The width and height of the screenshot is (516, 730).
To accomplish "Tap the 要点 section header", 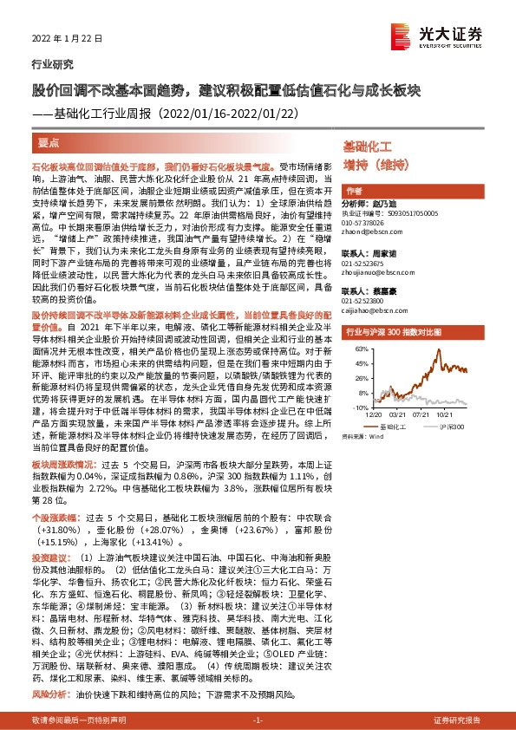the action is (49, 141).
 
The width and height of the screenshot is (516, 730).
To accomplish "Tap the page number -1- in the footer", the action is (258, 720).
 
